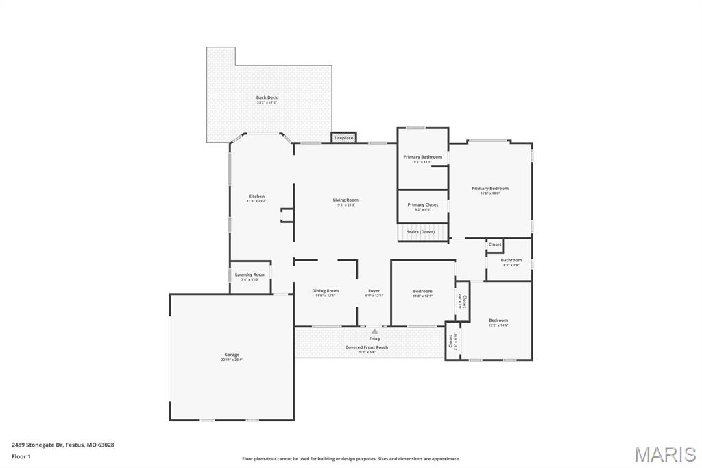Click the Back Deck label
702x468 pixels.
267,97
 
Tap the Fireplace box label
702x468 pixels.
343,138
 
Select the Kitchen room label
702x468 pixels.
256,196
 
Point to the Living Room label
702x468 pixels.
346,200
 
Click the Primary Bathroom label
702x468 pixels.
422,157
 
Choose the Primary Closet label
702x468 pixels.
422,204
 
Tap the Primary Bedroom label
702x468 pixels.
490,188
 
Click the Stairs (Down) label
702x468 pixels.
420,232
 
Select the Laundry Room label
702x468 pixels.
250,274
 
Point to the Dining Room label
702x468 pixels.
325,291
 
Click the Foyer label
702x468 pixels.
374,291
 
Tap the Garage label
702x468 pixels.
231,355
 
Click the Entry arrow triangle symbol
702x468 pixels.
374,331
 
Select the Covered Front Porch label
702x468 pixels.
367,347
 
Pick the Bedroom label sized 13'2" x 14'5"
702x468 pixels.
498,320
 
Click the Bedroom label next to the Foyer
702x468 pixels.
422,291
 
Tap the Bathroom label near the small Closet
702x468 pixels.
511,260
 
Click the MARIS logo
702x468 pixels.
665,454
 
